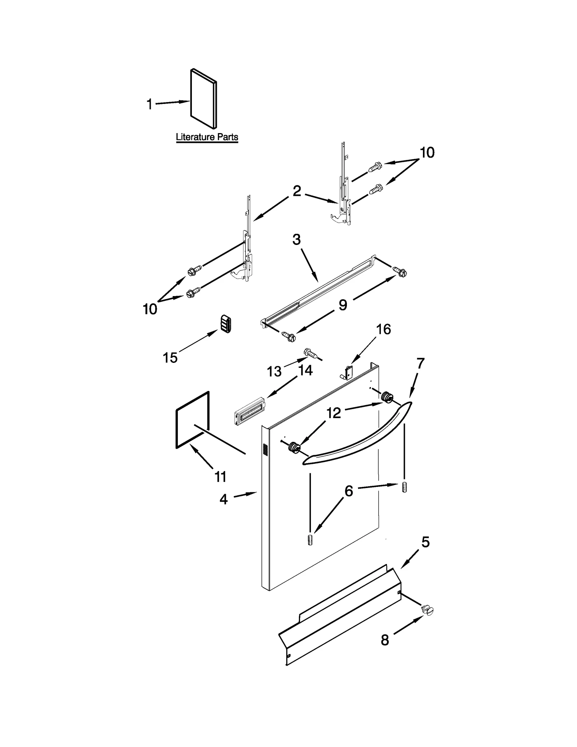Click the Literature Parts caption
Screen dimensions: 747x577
[x=207, y=137]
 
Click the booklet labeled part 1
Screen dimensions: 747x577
[x=203, y=98]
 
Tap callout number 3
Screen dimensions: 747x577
[x=296, y=240]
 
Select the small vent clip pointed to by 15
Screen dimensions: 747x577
[x=225, y=324]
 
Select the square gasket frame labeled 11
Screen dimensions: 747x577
[x=193, y=420]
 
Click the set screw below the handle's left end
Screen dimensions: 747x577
[x=310, y=541]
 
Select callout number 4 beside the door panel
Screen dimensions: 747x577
[x=224, y=499]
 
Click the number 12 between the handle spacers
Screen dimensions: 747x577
[x=334, y=413]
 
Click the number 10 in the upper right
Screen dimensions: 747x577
[x=427, y=153]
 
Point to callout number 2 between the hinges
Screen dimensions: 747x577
[x=296, y=191]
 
